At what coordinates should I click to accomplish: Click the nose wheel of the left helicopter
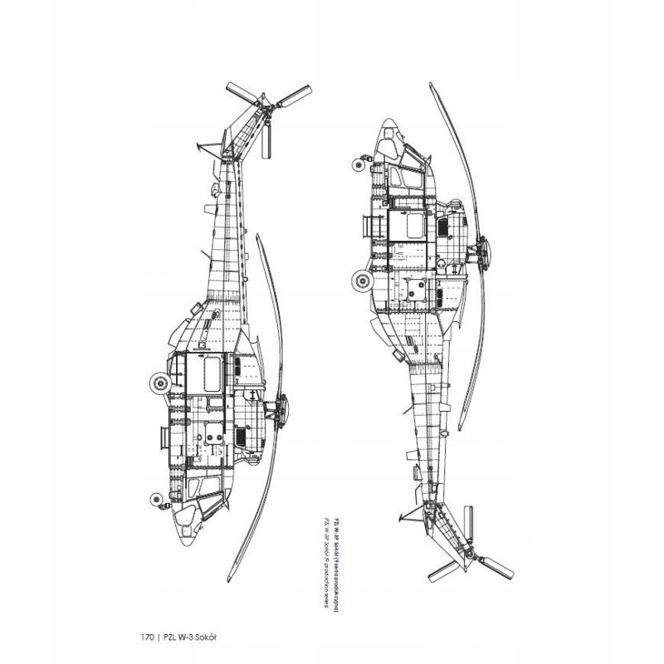pos(155,498)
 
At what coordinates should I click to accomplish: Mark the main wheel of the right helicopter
pos(361,282)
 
